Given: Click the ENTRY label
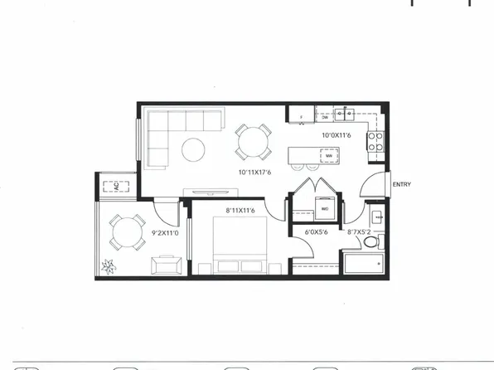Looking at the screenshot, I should (402, 184).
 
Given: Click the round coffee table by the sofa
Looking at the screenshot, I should (194, 149).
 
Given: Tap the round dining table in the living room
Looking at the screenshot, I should (252, 141).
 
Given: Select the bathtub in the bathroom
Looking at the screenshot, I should (362, 265).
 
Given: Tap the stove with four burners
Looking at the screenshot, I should (375, 142).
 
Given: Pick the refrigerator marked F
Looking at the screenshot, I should (299, 115).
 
